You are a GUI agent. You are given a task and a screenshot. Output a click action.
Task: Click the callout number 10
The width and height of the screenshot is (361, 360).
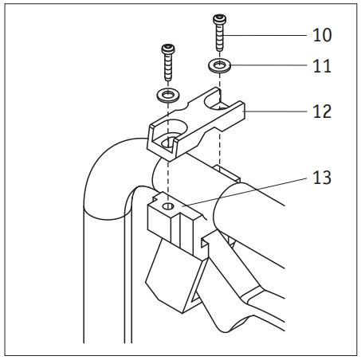[322, 35]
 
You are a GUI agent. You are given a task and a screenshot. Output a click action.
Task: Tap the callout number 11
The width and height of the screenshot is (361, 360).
[322, 66]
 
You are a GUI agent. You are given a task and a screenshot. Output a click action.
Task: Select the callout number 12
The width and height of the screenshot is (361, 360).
[322, 112]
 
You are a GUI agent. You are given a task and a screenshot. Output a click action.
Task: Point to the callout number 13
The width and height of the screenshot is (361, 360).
[322, 178]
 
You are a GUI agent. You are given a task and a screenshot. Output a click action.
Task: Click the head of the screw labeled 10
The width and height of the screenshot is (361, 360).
[219, 19]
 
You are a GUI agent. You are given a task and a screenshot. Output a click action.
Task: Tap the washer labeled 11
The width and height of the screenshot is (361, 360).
[219, 65]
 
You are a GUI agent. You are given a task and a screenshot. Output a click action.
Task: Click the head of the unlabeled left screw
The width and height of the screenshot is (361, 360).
[168, 49]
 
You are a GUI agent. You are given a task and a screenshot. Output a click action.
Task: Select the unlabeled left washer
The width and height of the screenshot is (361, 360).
[168, 95]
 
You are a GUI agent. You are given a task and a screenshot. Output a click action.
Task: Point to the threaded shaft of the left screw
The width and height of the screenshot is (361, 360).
[168, 67]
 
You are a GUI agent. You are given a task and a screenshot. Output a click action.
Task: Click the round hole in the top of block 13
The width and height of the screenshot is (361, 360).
[168, 206]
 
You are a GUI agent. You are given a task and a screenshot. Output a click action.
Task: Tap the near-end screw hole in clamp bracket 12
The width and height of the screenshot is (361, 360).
[169, 142]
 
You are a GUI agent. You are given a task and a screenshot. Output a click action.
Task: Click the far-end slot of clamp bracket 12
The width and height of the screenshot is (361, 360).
[216, 102]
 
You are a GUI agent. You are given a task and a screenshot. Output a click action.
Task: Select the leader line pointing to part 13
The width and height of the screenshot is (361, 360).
[245, 192]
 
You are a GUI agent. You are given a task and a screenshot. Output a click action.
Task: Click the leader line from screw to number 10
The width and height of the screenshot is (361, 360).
[265, 35]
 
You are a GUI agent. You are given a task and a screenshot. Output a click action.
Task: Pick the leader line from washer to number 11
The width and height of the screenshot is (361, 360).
[269, 65]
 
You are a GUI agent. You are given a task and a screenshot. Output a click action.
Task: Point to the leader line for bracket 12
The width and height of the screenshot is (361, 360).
[276, 112]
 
